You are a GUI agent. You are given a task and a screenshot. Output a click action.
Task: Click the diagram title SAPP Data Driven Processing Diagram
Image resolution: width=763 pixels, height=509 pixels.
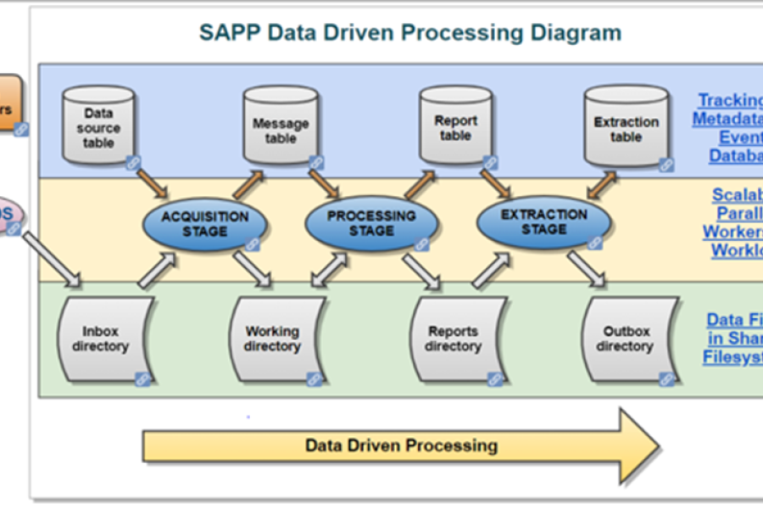[409, 33]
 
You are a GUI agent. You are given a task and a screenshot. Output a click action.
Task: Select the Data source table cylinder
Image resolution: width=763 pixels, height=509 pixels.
[98, 127]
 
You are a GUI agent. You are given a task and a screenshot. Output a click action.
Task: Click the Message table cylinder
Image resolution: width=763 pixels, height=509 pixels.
[280, 127]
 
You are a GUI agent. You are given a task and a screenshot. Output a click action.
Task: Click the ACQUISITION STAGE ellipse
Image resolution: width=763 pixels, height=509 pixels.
[204, 224]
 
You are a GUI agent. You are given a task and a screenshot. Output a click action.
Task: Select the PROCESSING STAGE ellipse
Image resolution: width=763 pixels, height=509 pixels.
[371, 223]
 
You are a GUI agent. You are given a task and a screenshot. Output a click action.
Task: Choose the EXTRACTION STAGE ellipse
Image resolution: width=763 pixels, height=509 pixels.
[543, 222]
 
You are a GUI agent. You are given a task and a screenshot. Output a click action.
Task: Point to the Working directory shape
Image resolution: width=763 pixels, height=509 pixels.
[272, 339]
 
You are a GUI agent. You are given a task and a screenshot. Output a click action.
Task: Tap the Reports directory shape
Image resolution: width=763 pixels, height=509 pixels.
[453, 339]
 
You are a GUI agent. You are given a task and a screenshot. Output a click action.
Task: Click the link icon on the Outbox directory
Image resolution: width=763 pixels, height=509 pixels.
[667, 378]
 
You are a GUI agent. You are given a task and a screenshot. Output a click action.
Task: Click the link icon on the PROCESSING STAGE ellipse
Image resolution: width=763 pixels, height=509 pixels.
[421, 244]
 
